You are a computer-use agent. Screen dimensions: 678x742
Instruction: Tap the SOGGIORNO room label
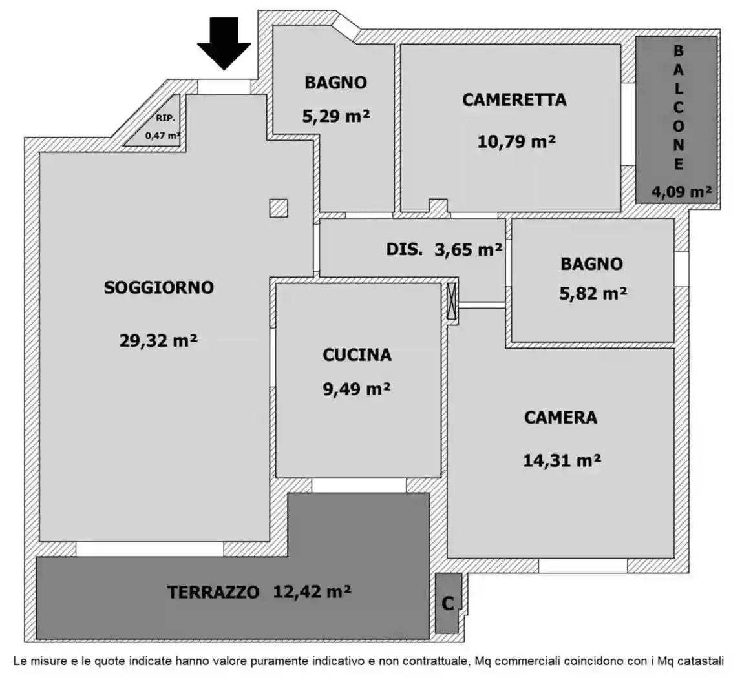point(158,288)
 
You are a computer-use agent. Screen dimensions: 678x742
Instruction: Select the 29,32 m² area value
point(158,340)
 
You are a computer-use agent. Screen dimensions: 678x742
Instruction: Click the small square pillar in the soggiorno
point(279,208)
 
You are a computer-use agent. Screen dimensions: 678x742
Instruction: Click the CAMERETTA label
point(514,99)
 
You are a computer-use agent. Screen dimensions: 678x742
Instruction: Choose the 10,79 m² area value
point(516,140)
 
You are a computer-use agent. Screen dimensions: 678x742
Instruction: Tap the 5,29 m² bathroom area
point(335,116)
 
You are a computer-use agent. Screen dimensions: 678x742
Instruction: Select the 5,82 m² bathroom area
point(593,293)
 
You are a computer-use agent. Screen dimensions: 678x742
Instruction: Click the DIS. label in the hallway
point(405,249)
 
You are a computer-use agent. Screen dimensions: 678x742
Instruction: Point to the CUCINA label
point(357,354)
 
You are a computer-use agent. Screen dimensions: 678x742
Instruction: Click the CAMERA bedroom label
point(560,417)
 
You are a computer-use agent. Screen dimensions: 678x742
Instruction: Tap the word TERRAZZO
point(214,591)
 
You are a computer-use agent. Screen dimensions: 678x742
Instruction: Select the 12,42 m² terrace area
point(312,591)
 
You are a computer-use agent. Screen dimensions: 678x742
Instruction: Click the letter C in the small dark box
point(447,603)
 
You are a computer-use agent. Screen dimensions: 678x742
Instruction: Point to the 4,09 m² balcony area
point(677,191)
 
